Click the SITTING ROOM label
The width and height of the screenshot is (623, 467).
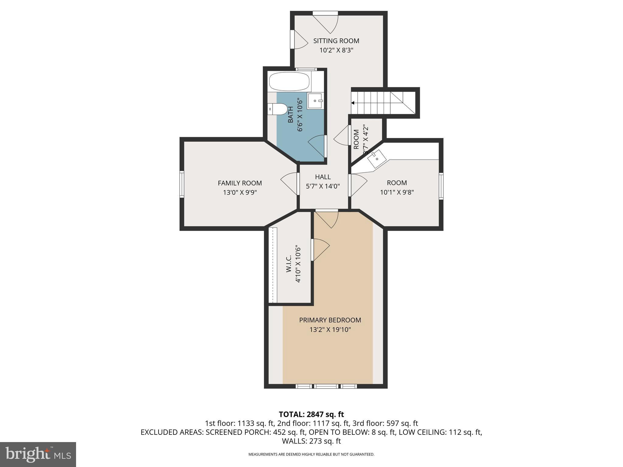coord(336,41)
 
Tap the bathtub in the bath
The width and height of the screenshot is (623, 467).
coord(289,81)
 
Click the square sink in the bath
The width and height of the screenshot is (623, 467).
coord(315,101)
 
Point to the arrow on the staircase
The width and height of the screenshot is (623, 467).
coord(353,103)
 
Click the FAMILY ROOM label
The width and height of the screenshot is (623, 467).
coord(240,183)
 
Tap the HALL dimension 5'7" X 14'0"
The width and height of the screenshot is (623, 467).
coord(323,186)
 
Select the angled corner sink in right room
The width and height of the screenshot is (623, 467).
coord(377,159)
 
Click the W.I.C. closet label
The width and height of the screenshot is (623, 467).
coord(289,264)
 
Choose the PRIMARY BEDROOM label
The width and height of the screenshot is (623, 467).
coord(330,320)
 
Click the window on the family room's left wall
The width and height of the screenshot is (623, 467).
coord(182,184)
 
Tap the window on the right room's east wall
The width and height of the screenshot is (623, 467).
coord(441,186)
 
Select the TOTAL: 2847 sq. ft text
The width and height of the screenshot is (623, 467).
coord(311,414)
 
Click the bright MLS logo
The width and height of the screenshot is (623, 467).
coord(38,454)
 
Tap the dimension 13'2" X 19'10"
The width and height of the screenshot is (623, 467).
coord(330,330)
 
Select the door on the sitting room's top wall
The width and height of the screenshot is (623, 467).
coord(326,22)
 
